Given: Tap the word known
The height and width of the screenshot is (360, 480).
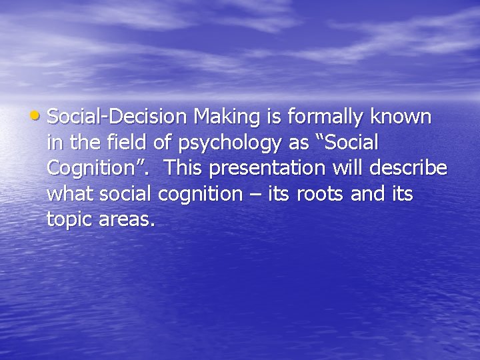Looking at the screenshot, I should click(402, 117).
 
